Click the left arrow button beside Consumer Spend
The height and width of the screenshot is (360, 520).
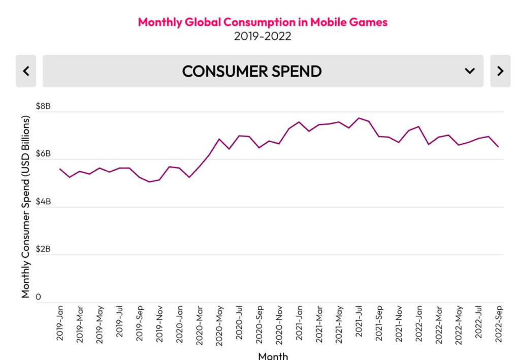coord(26,71)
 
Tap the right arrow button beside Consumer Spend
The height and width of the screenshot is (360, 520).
coord(500,71)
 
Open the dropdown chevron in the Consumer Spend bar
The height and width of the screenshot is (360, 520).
coord(470,71)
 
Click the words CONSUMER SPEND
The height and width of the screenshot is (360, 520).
coord(251,71)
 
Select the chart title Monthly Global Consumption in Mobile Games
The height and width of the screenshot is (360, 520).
coord(263,22)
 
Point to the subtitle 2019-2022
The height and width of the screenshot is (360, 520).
coord(263,37)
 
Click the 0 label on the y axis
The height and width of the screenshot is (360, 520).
coord(38,297)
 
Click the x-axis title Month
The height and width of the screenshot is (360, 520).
coord(273,355)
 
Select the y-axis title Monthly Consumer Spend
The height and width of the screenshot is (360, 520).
coord(26,207)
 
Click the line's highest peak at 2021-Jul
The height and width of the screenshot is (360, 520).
coord(359,118)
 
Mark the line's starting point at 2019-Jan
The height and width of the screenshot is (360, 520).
coord(60,169)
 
